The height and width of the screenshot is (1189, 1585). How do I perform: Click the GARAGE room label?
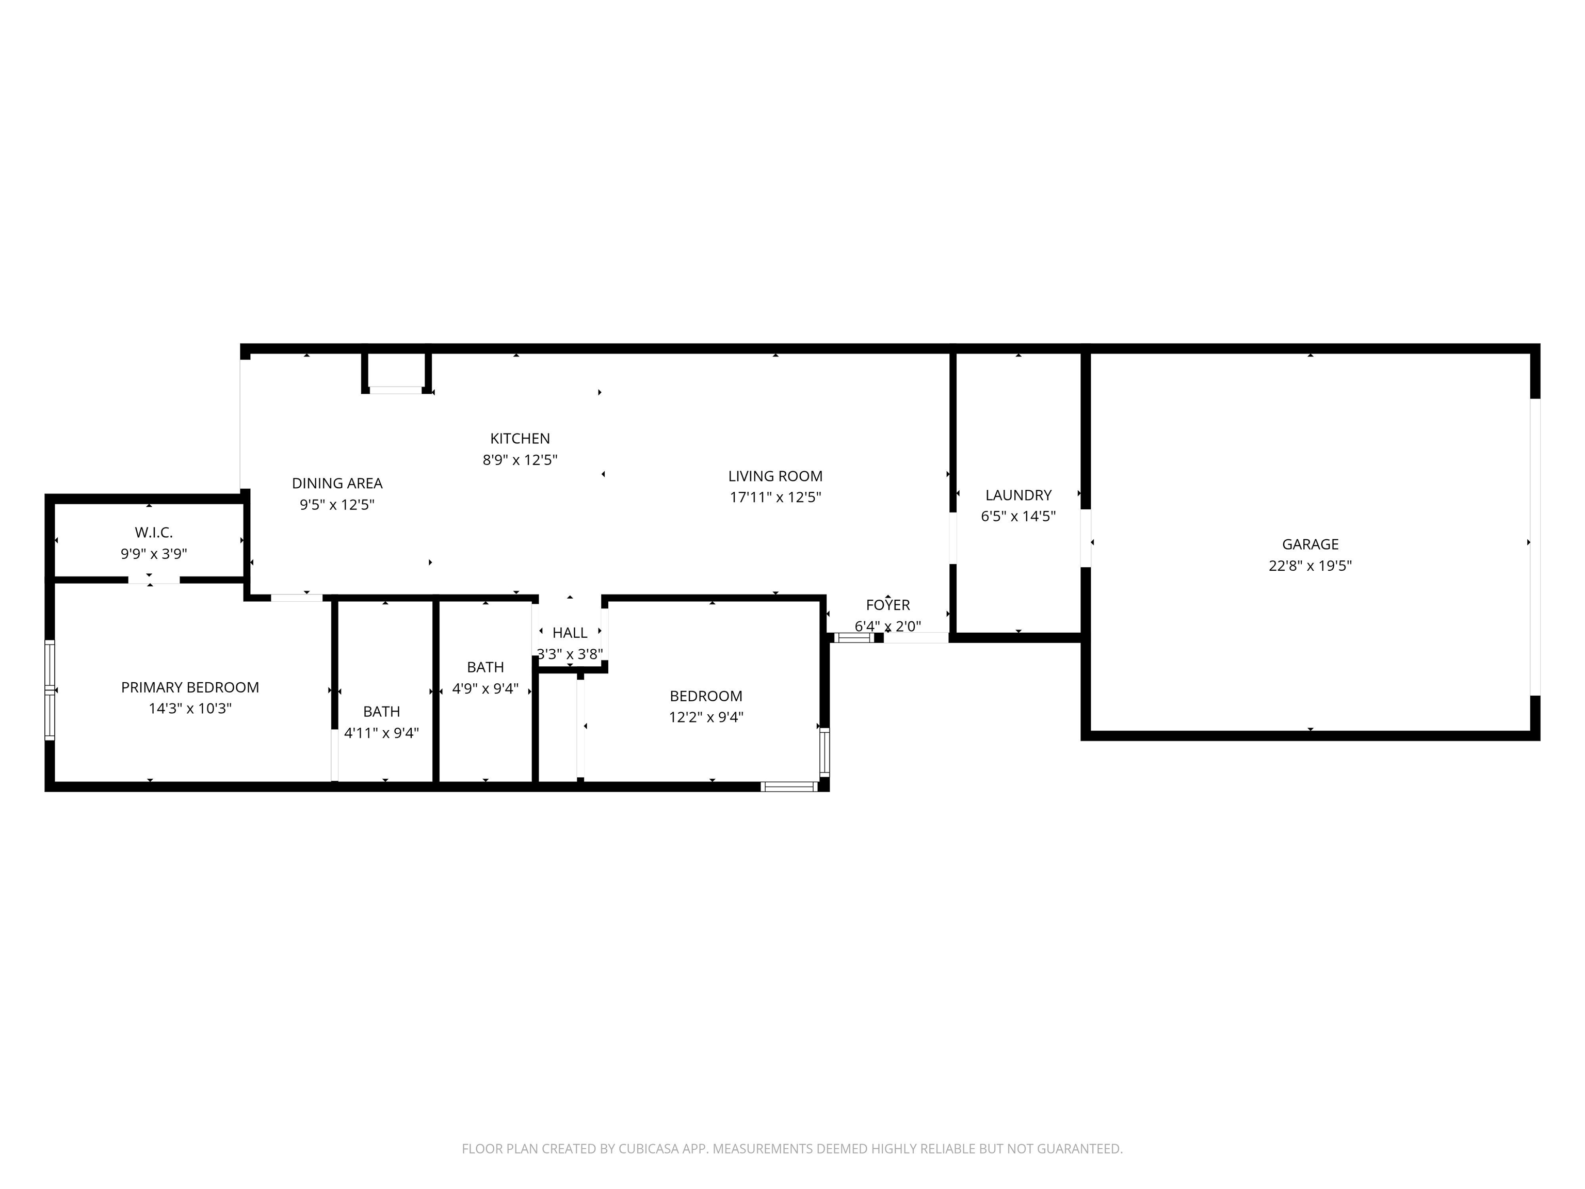pos(1310,544)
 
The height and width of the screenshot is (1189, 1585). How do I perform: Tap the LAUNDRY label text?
pos(1018,495)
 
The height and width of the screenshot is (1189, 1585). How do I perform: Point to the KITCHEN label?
pos(520,439)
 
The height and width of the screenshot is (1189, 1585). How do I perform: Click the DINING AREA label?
pos(337,483)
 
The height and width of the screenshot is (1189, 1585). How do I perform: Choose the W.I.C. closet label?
pos(154,533)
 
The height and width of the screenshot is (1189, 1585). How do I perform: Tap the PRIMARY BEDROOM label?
pos(190,687)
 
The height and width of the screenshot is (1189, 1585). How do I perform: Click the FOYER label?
pos(888,605)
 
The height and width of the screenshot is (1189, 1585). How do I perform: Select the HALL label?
pos(570,633)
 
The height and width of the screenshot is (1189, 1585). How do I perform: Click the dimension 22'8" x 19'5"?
pos(1310,566)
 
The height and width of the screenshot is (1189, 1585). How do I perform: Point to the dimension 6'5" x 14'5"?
pos(1018,516)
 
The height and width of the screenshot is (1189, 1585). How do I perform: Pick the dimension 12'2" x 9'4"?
pos(706,717)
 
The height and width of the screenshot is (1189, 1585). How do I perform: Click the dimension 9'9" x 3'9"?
pos(154,553)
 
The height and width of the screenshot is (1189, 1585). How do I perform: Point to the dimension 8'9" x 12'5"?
pos(520,459)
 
